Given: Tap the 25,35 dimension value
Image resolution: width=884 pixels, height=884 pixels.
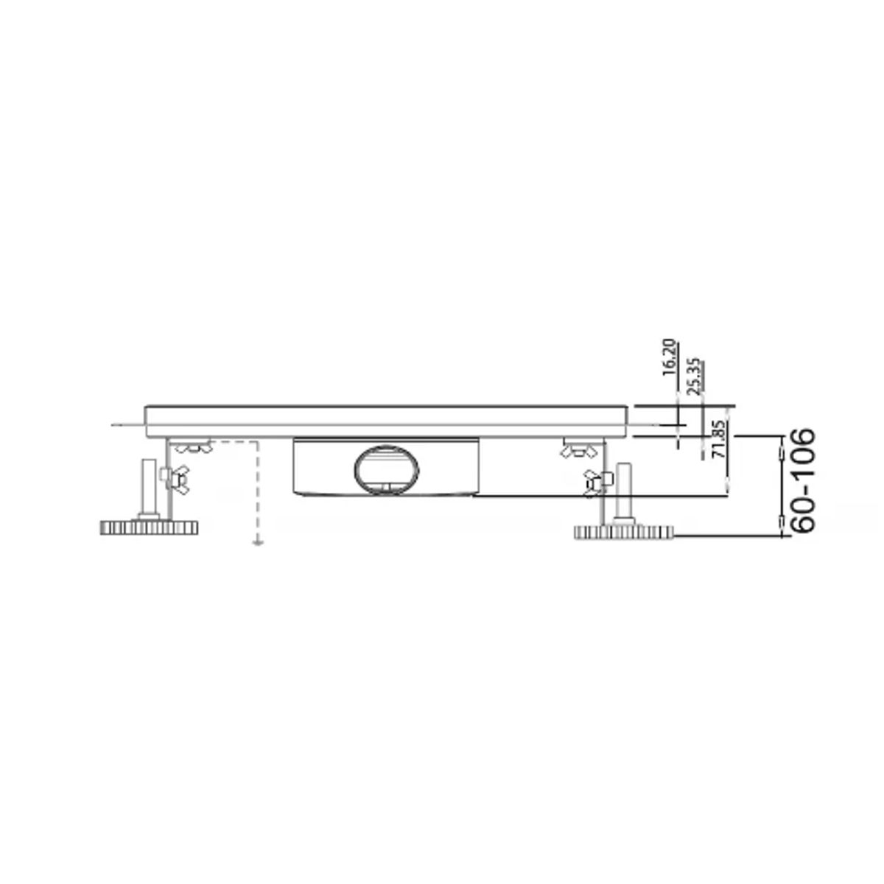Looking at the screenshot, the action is tap(695, 376).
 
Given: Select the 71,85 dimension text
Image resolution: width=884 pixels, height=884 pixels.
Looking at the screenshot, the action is tap(720, 439).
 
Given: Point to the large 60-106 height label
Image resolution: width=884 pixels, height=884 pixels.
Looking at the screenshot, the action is tap(802, 480).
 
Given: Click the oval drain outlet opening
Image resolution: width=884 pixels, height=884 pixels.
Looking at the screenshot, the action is tap(386, 470).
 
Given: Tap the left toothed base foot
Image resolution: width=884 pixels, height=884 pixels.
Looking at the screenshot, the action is tap(149, 527).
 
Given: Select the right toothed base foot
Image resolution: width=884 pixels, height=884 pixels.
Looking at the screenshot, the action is tap(624, 532).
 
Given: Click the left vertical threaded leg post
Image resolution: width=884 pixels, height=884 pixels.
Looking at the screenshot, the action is tap(149, 489).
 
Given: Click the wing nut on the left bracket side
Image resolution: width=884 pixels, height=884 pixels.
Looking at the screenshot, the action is tap(175, 480).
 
